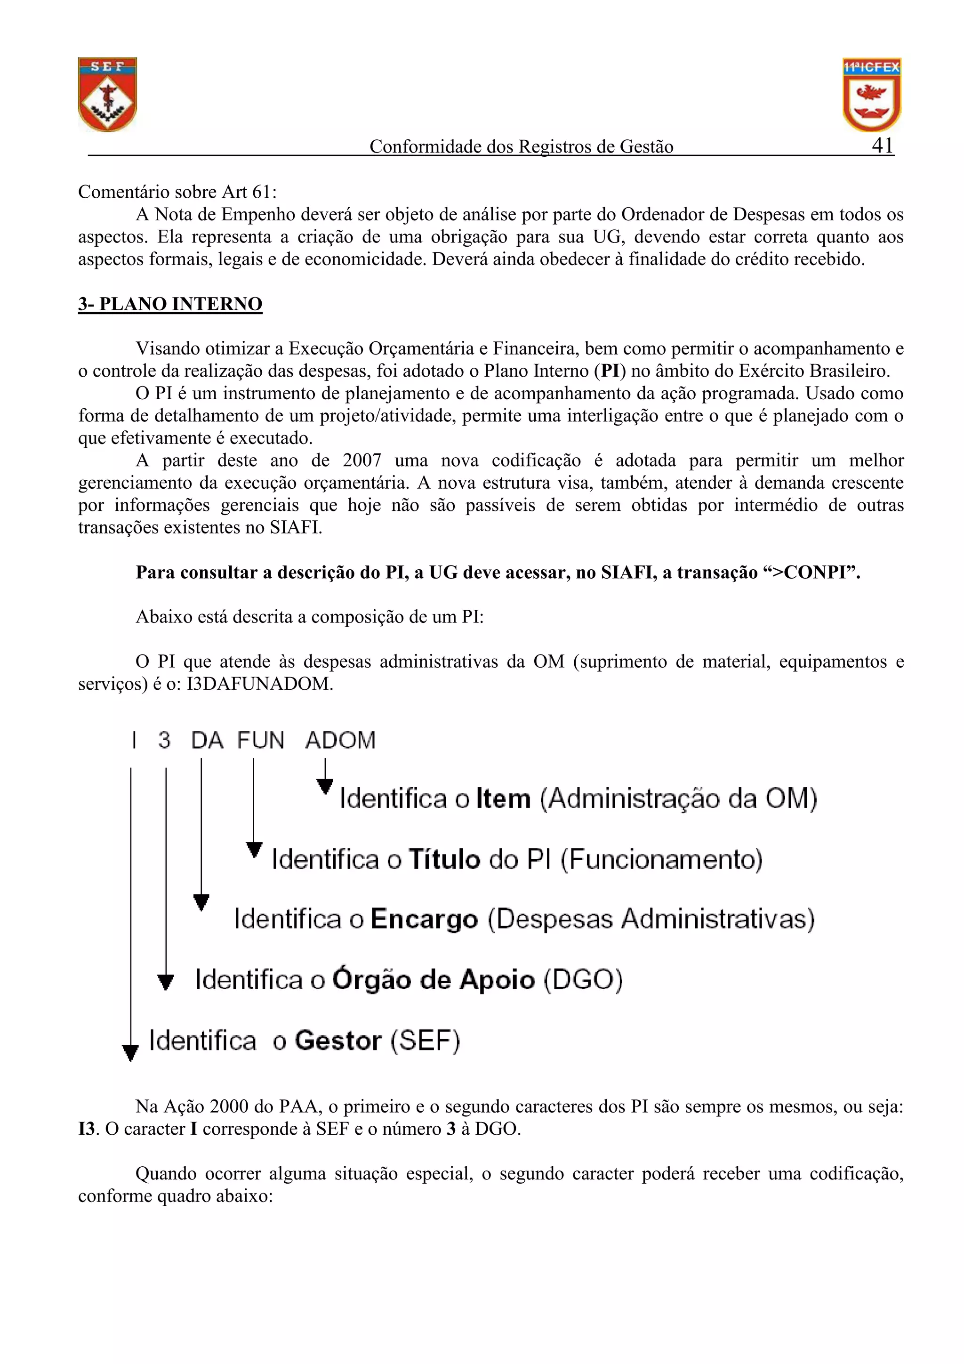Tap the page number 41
click(x=883, y=145)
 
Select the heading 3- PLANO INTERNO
click(x=170, y=304)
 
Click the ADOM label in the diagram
click(x=340, y=740)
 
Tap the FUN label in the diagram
click(x=261, y=740)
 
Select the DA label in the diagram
click(x=207, y=740)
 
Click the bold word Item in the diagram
click(x=503, y=799)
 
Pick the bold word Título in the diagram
click(x=444, y=860)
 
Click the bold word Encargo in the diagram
click(x=424, y=920)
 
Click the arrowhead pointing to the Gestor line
click(x=130, y=1053)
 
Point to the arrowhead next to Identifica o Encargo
click(x=201, y=903)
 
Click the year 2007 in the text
click(x=361, y=460)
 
